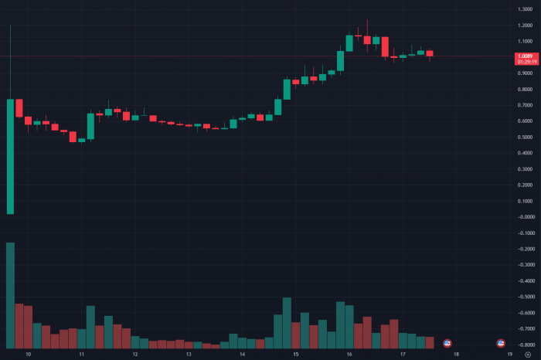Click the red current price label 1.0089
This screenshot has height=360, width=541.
point(523,56)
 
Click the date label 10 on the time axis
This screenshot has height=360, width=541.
point(29,354)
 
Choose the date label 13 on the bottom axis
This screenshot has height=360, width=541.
point(189,354)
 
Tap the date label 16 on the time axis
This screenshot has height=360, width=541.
point(349,354)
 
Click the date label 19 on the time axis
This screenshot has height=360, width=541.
point(509,354)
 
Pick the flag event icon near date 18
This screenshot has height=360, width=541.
point(447,342)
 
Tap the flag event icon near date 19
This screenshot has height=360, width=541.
point(500,342)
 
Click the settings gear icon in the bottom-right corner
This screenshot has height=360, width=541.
point(529,354)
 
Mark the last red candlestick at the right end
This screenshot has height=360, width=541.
point(430,53)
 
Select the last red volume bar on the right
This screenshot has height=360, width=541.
point(430,342)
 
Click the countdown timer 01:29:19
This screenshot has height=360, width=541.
point(523,60)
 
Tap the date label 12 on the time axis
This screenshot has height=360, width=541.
point(135,354)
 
